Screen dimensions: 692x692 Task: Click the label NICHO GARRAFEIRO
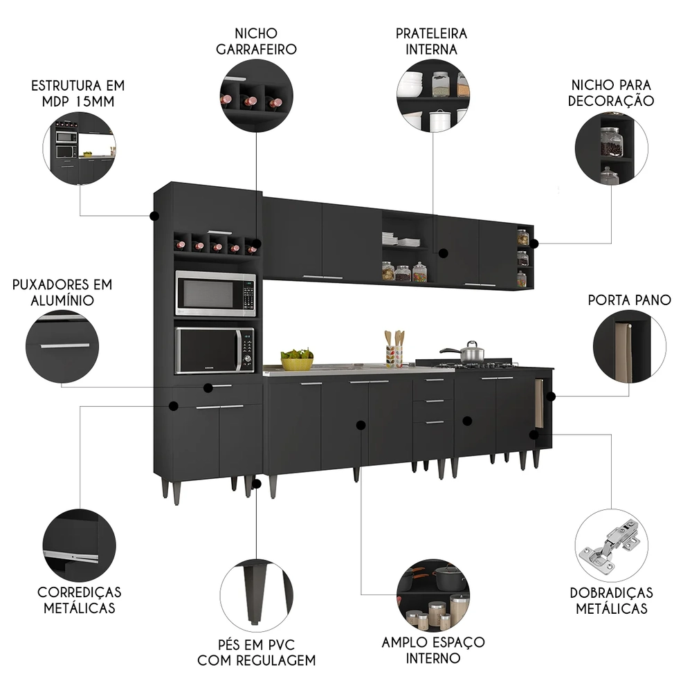click(256, 41)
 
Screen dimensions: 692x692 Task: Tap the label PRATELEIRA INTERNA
click(432, 41)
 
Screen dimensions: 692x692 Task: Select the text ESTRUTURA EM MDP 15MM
click(78, 94)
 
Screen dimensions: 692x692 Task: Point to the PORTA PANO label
click(629, 300)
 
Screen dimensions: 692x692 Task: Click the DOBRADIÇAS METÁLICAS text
click(611, 601)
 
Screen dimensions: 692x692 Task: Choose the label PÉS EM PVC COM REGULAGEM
click(256, 653)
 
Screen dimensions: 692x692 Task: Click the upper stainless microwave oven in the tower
click(215, 294)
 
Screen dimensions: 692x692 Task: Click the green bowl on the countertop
click(297, 360)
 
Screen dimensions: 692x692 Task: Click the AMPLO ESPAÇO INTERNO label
click(432, 650)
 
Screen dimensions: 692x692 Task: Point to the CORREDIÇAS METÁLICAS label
click(79, 600)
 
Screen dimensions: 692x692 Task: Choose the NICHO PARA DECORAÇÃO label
click(611, 92)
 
